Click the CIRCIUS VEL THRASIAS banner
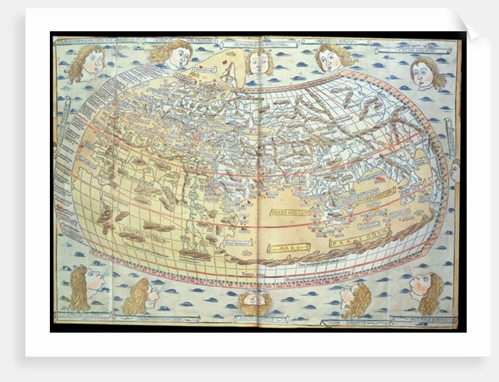point(168,40)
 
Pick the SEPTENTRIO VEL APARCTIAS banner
point(259,44)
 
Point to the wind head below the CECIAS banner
point(428,73)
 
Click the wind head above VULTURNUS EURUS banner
point(425,290)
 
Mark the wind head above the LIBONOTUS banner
point(141,297)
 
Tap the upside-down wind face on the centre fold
point(255,303)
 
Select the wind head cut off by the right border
point(455,171)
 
